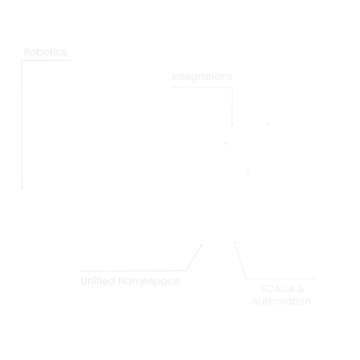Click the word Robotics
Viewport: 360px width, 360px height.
click(x=45, y=52)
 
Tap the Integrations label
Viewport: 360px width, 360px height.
click(x=202, y=77)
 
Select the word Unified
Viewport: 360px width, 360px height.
click(x=98, y=281)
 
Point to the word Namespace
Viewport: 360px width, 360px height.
click(x=149, y=282)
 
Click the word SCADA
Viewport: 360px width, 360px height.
click(x=277, y=289)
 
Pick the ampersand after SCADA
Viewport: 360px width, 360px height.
click(x=301, y=289)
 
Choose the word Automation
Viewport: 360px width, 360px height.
click(x=282, y=301)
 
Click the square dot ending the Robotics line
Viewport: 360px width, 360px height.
click(x=22, y=187)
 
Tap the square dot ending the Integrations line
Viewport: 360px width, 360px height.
click(x=232, y=124)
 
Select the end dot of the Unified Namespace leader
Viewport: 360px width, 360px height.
click(x=201, y=245)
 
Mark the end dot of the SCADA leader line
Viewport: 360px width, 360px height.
click(x=235, y=242)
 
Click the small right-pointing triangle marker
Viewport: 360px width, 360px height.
click(x=268, y=124)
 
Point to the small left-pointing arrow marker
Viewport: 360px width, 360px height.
click(x=225, y=143)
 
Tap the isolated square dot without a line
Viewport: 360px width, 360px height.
click(x=248, y=173)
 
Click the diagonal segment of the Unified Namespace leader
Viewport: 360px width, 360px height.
click(x=194, y=258)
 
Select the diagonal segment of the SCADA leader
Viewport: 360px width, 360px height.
click(x=240, y=261)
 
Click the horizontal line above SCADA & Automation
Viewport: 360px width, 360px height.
click(x=281, y=279)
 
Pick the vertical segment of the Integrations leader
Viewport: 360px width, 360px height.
click(x=232, y=105)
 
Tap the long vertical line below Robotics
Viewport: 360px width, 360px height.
click(x=22, y=123)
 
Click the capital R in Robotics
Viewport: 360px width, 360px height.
click(x=27, y=52)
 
